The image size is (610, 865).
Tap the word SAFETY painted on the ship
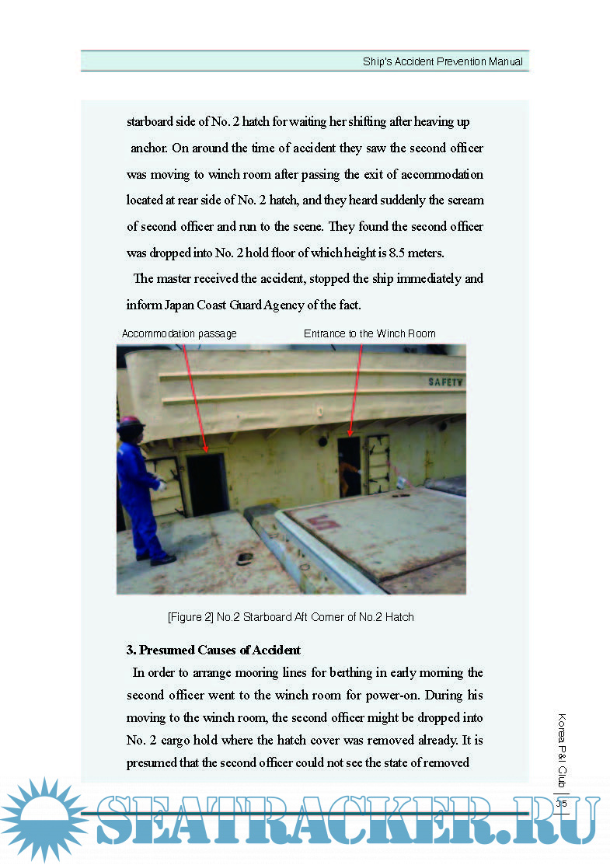pyautogui.click(x=445, y=382)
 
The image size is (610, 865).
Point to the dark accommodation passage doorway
pyautogui.click(x=206, y=483)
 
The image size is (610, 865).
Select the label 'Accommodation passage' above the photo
pyautogui.click(x=179, y=333)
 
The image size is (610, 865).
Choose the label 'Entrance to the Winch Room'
pyautogui.click(x=369, y=333)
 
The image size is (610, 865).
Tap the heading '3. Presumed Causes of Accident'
pyautogui.click(x=214, y=650)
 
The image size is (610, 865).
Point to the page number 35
pyautogui.click(x=561, y=804)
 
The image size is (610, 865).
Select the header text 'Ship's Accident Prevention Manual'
pyautogui.click(x=442, y=61)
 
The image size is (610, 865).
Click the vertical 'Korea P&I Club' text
pyautogui.click(x=562, y=751)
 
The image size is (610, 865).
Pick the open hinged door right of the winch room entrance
pyautogui.click(x=378, y=464)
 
